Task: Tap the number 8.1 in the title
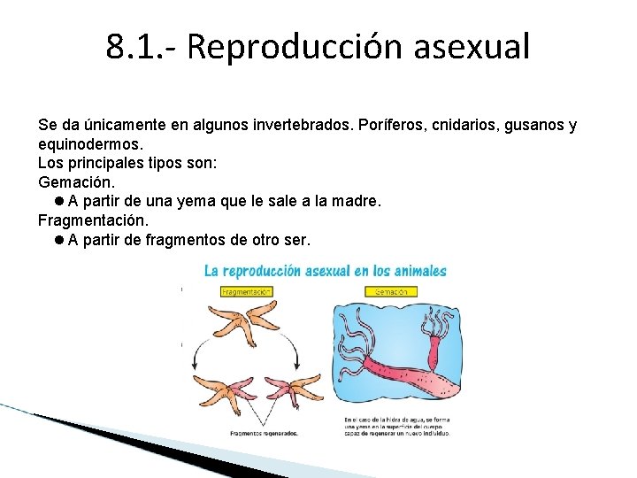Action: (132, 46)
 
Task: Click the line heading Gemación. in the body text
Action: (77, 182)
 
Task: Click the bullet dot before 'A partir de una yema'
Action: (58, 202)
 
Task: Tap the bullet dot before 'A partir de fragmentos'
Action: (58, 240)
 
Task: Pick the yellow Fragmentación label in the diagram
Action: (246, 291)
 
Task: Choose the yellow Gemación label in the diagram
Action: (391, 291)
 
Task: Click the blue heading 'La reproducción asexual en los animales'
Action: (325, 271)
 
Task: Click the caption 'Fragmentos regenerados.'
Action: (264, 433)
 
